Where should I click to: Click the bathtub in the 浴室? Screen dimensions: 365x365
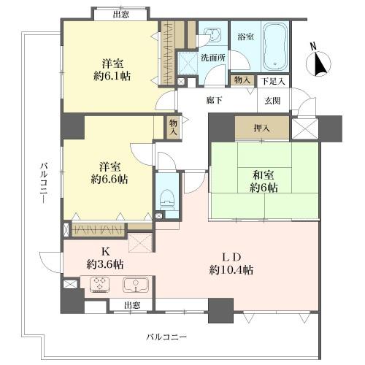point(275,47)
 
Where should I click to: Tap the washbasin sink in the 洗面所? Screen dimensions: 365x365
point(212,34)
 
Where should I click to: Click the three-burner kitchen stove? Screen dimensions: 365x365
point(99,285)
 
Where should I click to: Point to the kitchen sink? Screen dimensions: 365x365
point(134,285)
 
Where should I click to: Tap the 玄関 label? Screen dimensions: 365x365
point(272,101)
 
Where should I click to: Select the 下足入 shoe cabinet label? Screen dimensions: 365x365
point(273,81)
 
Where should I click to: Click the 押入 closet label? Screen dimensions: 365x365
point(262,128)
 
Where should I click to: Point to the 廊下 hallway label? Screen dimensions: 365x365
point(214,100)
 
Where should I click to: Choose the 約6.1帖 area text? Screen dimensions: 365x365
point(112,77)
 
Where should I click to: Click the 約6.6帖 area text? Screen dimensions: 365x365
point(109,180)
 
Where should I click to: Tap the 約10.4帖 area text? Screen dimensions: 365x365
point(231,270)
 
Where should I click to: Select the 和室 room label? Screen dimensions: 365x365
point(264,175)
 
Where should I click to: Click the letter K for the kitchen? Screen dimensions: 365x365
point(106,252)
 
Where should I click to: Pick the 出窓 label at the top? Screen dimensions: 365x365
point(121,15)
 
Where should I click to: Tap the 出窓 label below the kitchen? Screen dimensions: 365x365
point(132,305)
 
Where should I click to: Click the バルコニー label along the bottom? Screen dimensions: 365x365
point(166,337)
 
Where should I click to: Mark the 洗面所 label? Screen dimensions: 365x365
point(213,58)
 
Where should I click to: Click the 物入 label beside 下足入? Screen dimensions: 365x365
point(242,80)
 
